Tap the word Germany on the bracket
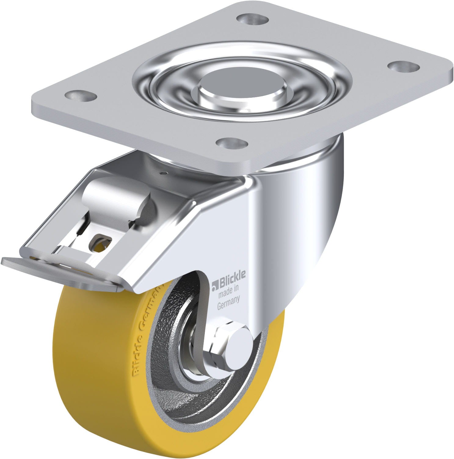click(228, 304)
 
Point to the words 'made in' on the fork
click(227, 293)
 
